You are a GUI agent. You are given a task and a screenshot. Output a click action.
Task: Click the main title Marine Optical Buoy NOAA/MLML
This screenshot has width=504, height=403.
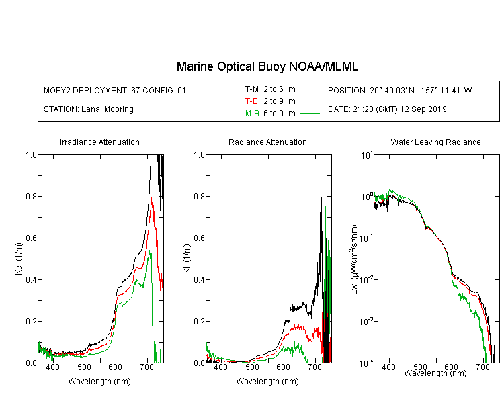click(267, 66)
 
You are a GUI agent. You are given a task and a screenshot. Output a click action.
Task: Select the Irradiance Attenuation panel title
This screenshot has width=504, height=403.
click(99, 142)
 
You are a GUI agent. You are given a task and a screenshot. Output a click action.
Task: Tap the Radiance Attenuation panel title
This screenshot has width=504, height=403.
click(267, 142)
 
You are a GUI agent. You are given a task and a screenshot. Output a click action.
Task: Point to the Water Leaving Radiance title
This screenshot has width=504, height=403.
click(435, 142)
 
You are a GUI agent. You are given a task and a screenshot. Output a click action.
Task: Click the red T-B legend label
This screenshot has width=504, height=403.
click(251, 101)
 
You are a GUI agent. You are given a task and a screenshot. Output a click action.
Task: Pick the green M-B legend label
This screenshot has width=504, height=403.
click(252, 113)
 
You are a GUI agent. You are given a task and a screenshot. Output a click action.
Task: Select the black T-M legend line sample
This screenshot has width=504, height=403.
click(310, 89)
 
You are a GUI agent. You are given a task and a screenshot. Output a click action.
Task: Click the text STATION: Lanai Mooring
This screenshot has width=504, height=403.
click(89, 109)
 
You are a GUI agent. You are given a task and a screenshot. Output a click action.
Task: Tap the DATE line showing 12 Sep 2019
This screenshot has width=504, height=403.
click(387, 109)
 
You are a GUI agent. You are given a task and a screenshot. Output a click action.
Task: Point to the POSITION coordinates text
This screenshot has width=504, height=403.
click(400, 90)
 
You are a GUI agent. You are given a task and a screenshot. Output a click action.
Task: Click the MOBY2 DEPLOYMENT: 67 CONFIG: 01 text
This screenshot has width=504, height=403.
click(115, 90)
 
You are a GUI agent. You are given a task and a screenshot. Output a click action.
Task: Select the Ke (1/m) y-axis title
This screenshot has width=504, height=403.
click(19, 259)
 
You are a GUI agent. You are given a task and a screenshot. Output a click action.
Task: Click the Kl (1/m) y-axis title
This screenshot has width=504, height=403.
click(187, 259)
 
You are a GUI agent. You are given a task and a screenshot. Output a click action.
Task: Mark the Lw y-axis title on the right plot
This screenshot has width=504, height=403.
click(354, 259)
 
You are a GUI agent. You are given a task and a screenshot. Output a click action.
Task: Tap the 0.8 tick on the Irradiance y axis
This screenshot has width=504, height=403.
click(31, 196)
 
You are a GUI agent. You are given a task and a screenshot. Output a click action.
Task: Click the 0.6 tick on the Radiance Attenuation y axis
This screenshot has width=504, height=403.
click(199, 238)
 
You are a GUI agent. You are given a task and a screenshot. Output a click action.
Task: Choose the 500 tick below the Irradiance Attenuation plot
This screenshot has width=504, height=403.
click(84, 367)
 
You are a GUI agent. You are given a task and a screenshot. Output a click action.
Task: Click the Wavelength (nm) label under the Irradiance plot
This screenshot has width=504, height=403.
click(99, 382)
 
